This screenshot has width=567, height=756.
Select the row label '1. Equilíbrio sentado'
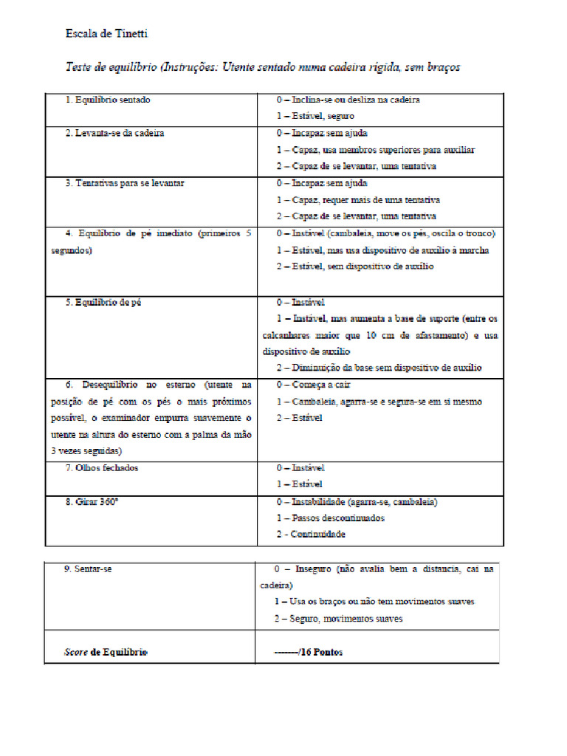click(108, 100)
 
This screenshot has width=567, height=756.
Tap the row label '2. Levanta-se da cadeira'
click(114, 133)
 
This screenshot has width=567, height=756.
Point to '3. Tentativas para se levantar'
click(124, 183)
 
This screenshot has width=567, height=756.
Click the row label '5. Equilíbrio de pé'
click(103, 302)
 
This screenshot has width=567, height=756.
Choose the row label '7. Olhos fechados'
click(101, 468)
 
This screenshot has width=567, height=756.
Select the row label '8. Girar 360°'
click(92, 502)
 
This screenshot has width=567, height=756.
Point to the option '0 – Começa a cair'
click(313, 385)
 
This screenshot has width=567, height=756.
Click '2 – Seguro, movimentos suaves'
click(339, 619)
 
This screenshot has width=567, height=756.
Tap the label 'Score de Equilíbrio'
click(106, 653)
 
